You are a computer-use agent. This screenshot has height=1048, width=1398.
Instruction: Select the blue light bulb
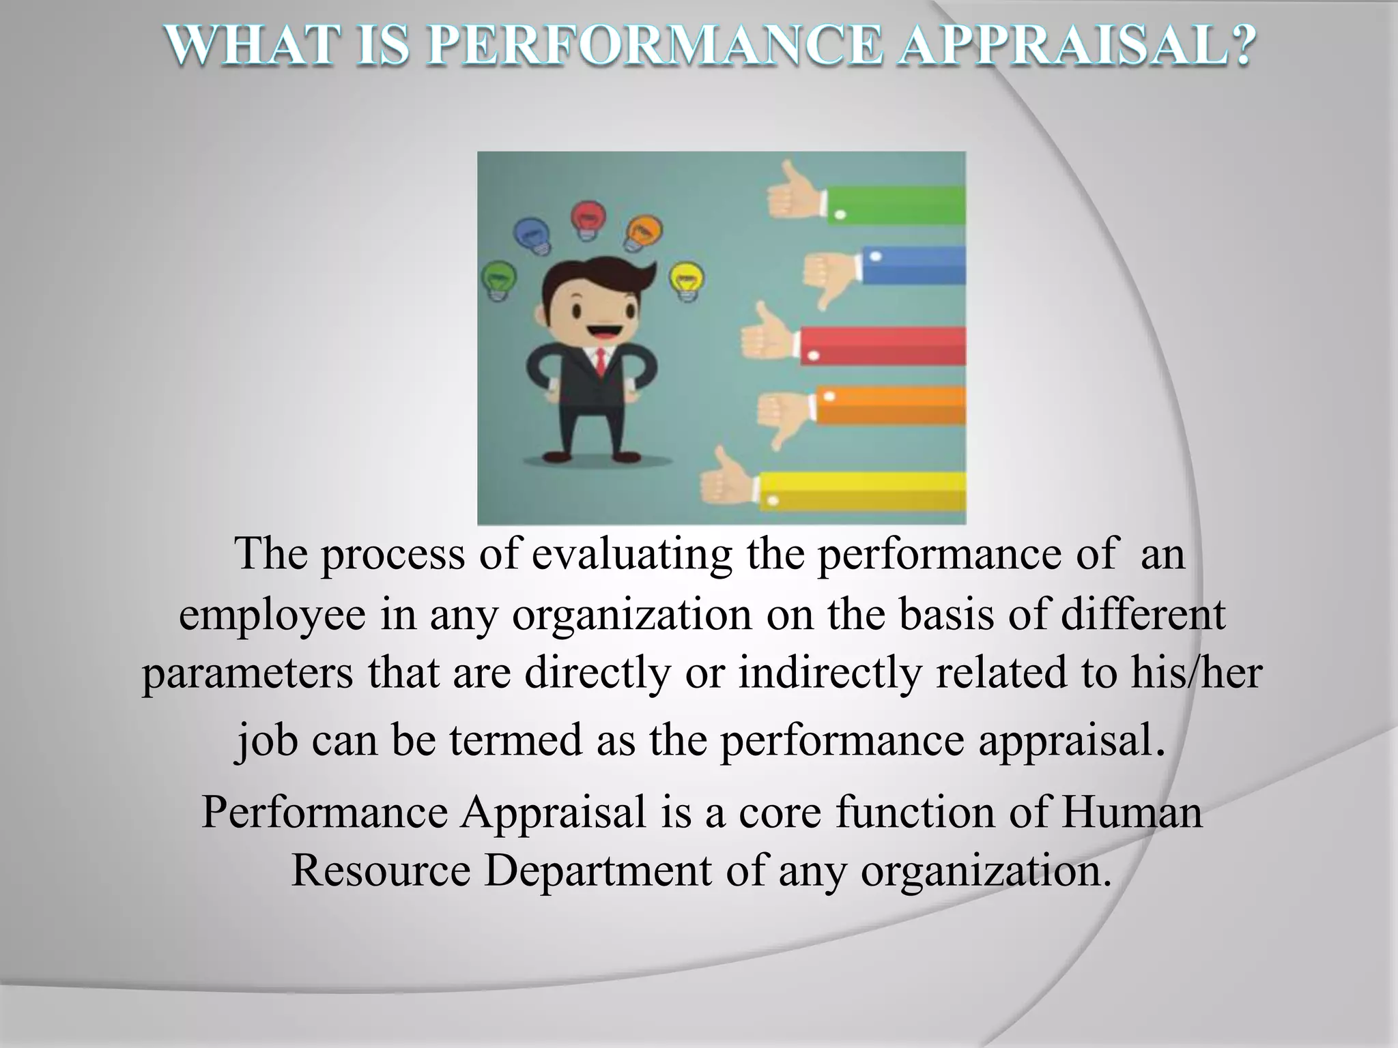532,236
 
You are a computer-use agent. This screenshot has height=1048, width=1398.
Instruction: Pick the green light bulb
498,280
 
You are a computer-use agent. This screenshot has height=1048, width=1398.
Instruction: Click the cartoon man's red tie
600,362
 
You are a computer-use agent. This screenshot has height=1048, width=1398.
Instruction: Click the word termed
515,740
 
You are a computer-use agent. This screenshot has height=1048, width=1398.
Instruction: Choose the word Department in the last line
597,871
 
